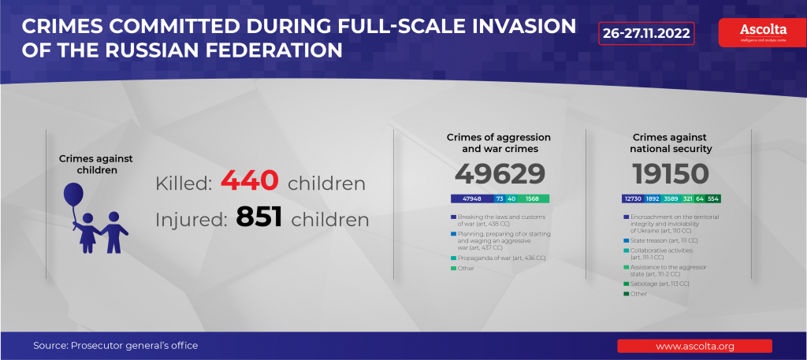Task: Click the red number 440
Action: pos(250,181)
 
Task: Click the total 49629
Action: pos(500,174)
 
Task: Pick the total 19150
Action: pos(671,174)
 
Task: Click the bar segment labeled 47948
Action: pos(472,199)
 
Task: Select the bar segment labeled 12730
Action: pos(633,199)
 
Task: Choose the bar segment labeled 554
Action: pos(713,199)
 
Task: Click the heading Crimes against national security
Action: pos(671,143)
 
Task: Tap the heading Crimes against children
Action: pos(96,164)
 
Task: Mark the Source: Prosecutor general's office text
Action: pos(115,346)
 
